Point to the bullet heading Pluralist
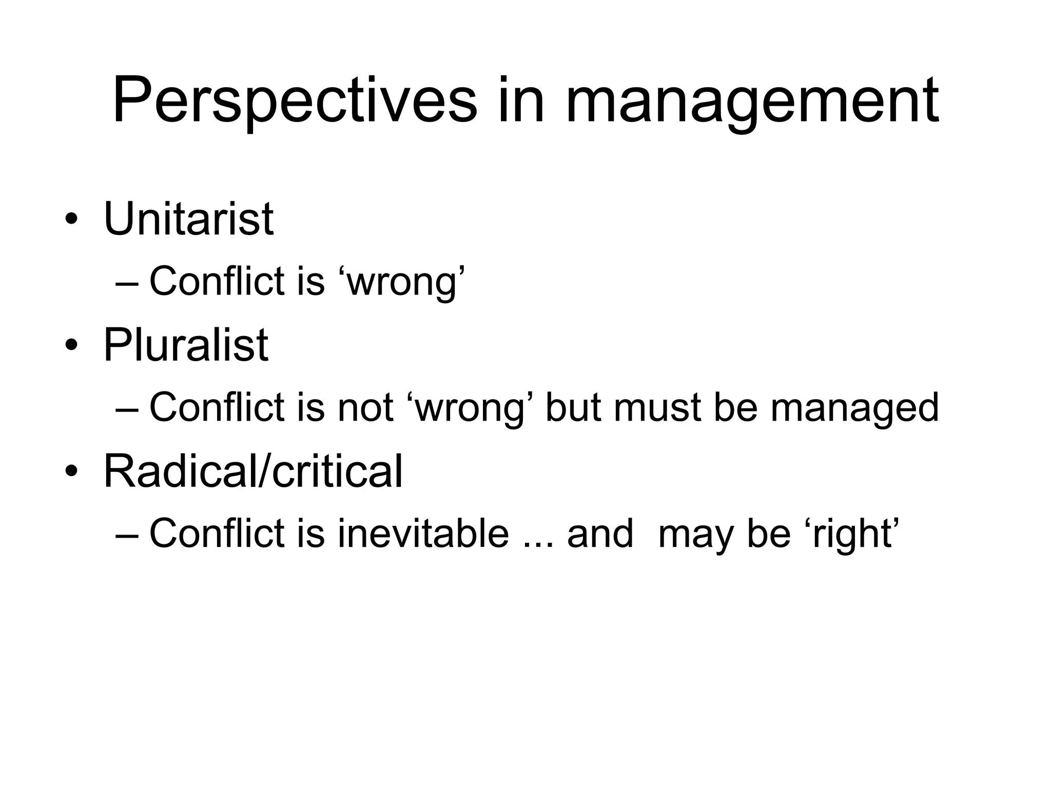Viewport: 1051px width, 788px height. [186, 345]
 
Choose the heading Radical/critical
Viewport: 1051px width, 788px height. [253, 471]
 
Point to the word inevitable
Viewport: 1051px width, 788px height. [423, 533]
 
